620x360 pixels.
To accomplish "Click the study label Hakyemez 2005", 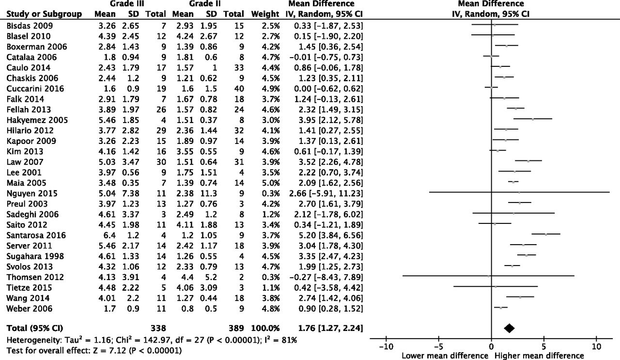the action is pos(37,120).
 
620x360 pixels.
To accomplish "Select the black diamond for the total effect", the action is pos(509,328).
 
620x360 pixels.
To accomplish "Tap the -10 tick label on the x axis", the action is pos(386,346).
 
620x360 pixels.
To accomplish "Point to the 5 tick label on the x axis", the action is pos(544,346).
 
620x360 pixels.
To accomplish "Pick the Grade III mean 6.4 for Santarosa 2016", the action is pos(109,235).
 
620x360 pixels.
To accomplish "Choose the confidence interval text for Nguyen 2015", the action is pos(326,193).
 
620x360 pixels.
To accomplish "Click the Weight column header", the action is pos(265,14).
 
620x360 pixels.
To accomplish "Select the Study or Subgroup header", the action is pos(44,14).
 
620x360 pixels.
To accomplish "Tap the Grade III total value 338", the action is pos(158,328).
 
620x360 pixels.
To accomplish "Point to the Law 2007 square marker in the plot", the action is pos(528,160).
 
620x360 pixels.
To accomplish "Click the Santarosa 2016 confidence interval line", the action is pos(546,235).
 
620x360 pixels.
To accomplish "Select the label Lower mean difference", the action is pos(445,356).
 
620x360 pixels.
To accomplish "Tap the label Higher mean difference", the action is pos(539,356).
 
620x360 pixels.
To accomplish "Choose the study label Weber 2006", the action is pos(30,309).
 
